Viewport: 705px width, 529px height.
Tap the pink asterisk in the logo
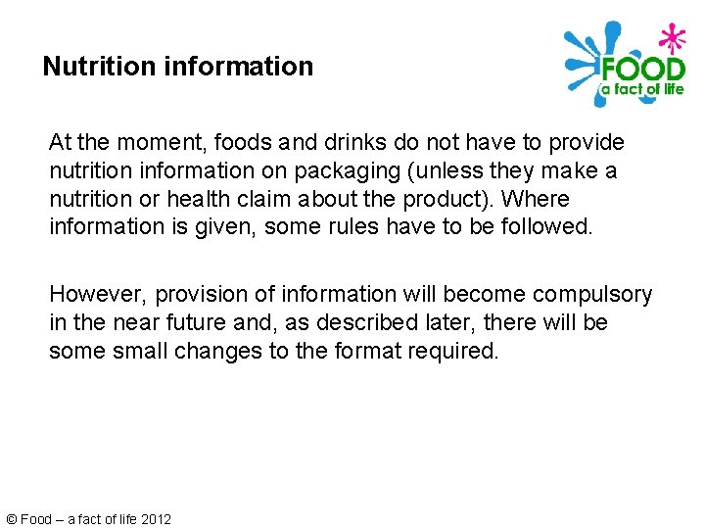(672, 38)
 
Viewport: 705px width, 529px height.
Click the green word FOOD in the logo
(642, 70)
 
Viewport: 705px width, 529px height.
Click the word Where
(536, 199)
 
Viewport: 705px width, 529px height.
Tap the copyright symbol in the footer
(11, 519)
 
